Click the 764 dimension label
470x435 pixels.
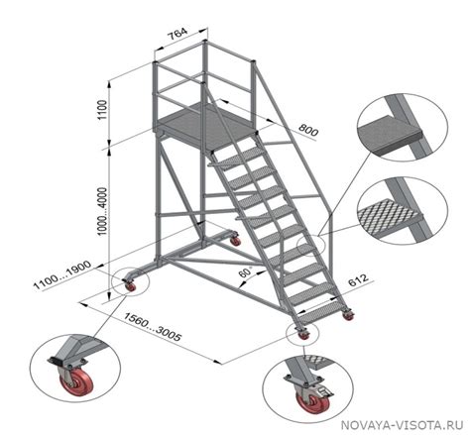coord(178,34)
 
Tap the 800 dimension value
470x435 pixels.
coord(308,130)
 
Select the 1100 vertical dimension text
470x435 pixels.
coord(103,110)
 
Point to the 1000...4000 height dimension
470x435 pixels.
coord(103,211)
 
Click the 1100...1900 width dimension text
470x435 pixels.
coord(62,275)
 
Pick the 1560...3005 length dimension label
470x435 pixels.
coord(153,326)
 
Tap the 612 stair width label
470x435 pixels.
coord(358,280)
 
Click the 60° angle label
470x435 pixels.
coord(246,272)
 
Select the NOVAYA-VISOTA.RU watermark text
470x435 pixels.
coord(402,425)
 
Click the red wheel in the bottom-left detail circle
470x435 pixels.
coord(76,383)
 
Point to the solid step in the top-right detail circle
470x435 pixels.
coord(390,136)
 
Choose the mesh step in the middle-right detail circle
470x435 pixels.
coord(390,216)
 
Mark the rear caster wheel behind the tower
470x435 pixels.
coord(235,241)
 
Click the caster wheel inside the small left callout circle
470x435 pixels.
coord(131,286)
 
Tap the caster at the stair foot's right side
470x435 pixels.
coord(348,315)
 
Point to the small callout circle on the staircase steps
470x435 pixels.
coord(311,246)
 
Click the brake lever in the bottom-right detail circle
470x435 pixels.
coord(324,392)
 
